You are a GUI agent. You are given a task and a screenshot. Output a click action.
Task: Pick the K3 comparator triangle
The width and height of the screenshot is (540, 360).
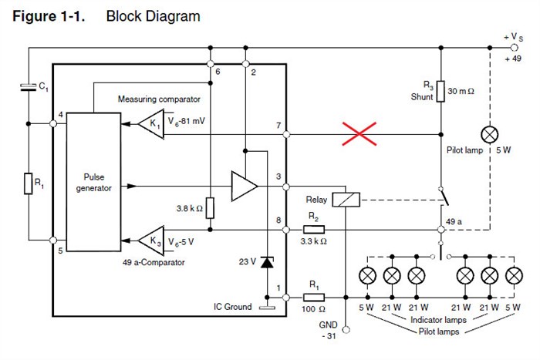pyautogui.click(x=152, y=240)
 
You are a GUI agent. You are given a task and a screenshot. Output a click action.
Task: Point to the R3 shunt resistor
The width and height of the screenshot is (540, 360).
pyautogui.click(x=440, y=91)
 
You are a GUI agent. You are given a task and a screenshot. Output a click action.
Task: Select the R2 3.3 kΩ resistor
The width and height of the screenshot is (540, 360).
pyautogui.click(x=314, y=229)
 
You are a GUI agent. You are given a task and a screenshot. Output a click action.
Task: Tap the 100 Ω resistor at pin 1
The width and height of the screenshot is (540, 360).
pyautogui.click(x=314, y=296)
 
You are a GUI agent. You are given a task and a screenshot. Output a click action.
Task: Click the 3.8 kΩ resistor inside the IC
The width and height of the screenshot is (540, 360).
pyautogui.click(x=211, y=208)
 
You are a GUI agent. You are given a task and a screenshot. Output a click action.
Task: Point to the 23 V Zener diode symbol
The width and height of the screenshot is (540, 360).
pyautogui.click(x=268, y=262)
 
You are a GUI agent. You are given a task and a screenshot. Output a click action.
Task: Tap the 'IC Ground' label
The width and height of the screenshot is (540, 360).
pyautogui.click(x=232, y=307)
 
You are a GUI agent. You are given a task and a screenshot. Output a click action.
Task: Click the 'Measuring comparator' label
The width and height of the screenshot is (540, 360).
pyautogui.click(x=159, y=99)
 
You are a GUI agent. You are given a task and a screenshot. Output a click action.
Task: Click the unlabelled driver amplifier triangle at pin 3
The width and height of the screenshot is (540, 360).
pyautogui.click(x=245, y=185)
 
